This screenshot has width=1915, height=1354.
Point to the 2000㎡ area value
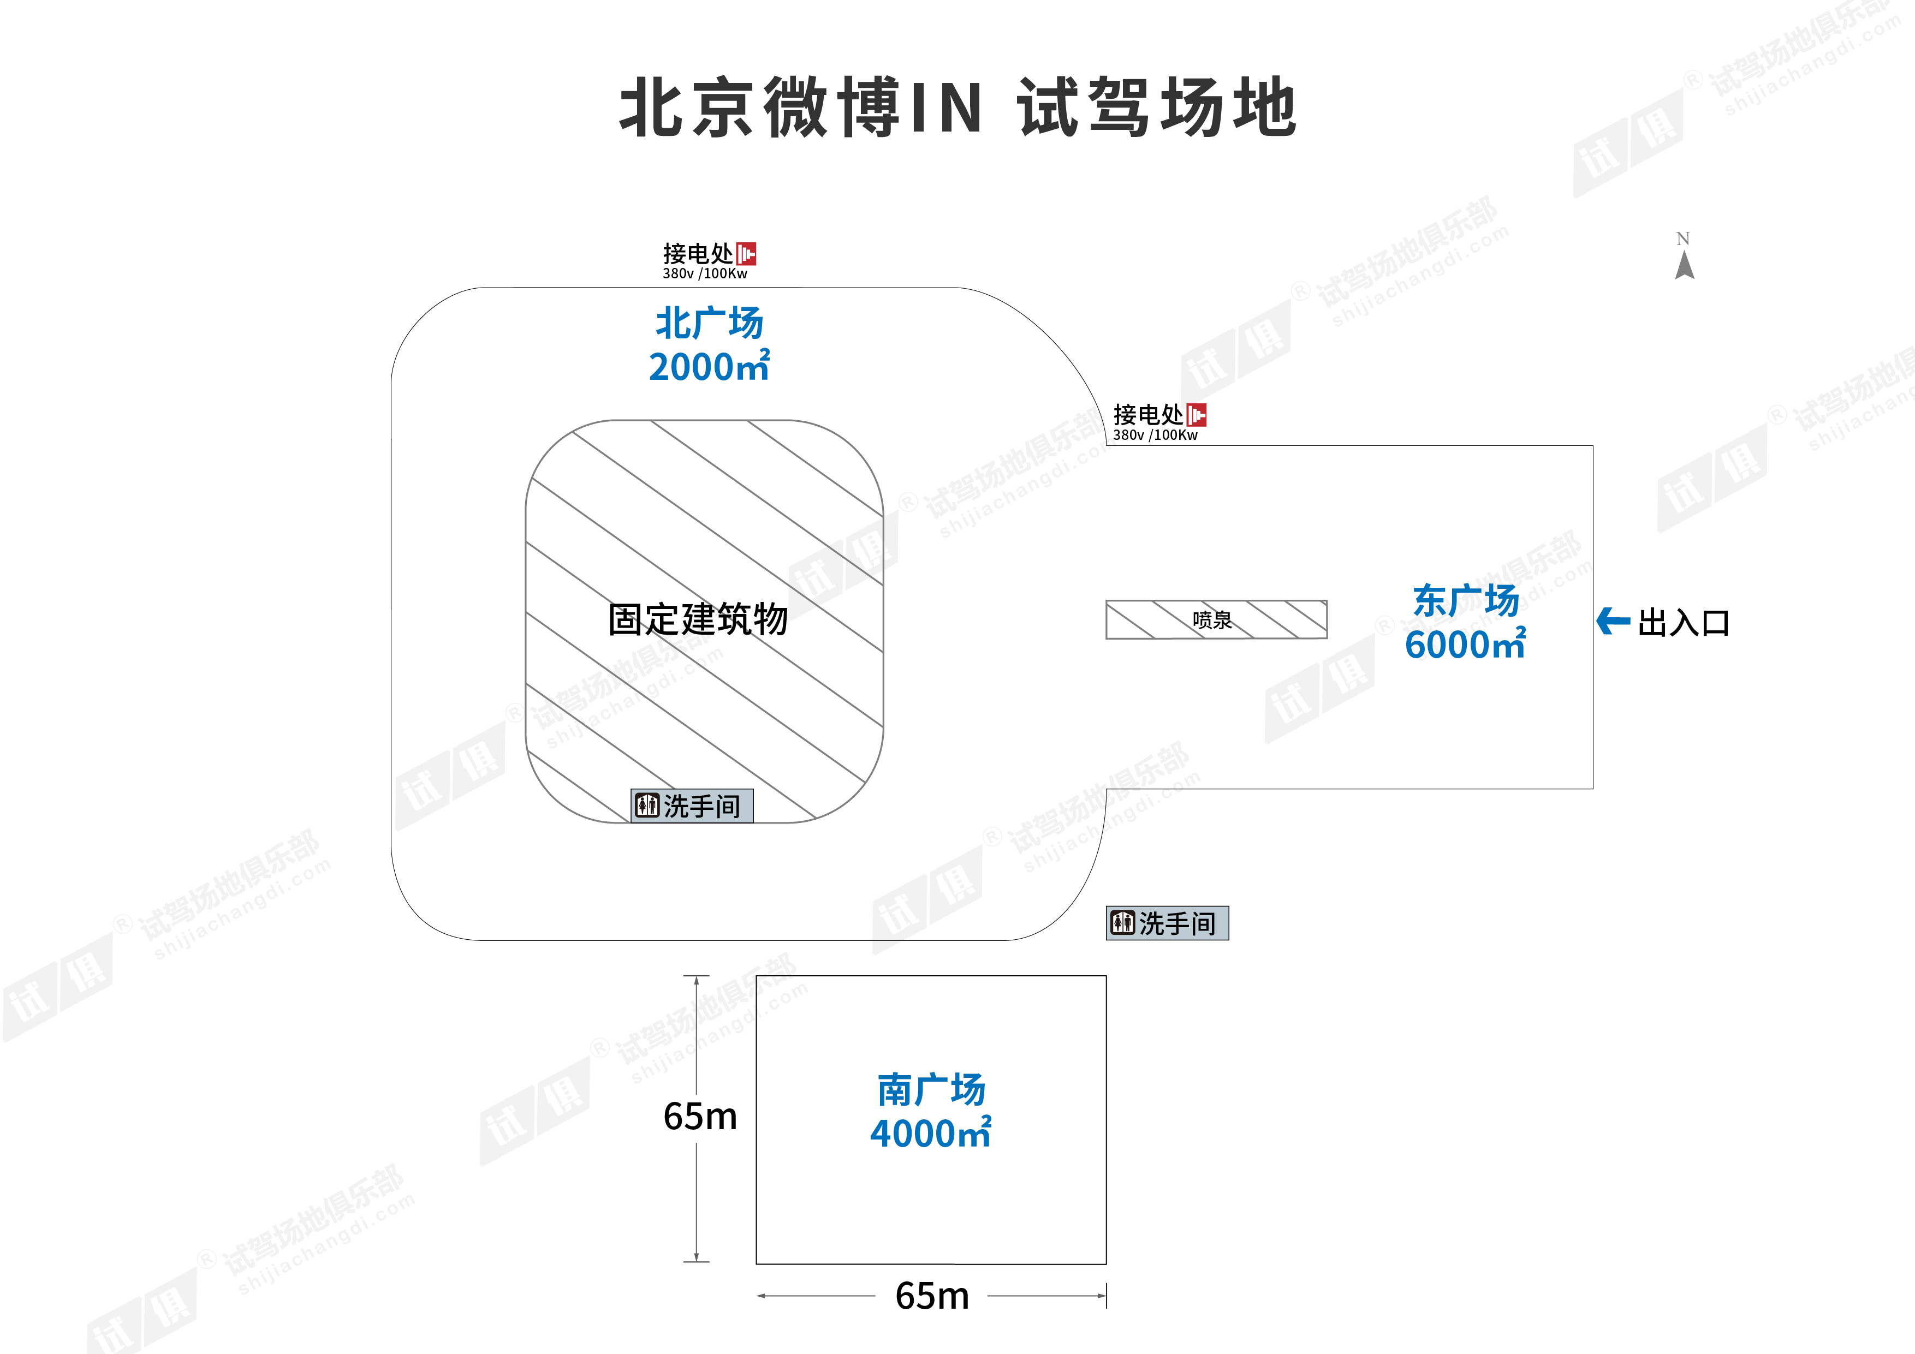coord(710,366)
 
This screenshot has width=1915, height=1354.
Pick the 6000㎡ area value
coord(1465,643)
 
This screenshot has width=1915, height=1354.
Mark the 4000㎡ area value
coord(931,1133)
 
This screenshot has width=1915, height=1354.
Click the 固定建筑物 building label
coord(698,619)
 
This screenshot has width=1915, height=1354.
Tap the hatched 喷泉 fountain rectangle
coord(1216,619)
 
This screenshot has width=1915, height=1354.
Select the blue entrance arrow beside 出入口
coord(1613,621)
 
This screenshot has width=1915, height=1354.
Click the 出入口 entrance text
coord(1684,623)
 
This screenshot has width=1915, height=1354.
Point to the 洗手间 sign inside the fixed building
coord(692,806)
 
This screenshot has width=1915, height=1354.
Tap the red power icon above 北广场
coord(746,253)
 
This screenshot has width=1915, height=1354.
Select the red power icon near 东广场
coord(1197,414)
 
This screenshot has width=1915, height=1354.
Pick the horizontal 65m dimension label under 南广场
coord(932,1296)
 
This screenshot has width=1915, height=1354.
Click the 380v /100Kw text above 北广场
coord(705,273)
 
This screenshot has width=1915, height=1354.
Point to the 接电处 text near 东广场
coord(1149,414)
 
